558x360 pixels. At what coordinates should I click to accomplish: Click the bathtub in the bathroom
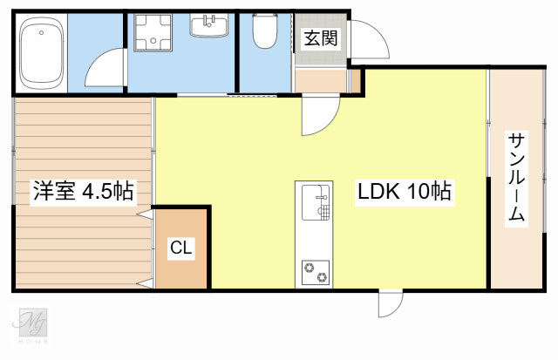[x=42, y=52]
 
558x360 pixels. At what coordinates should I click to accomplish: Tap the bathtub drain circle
[x=42, y=33]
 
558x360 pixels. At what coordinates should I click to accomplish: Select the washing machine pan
[x=153, y=32]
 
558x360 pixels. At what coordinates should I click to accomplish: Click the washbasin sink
[x=209, y=25]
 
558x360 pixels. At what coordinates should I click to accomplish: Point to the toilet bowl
[x=265, y=31]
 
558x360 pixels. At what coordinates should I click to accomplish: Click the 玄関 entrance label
[x=321, y=37]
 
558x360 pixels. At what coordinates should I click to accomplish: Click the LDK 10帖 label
[x=405, y=192]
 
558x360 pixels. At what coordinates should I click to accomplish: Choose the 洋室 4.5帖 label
[x=84, y=192]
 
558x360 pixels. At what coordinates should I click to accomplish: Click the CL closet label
[x=181, y=248]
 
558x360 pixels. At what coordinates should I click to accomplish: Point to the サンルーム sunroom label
[x=516, y=179]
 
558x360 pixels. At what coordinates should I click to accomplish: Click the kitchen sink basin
[x=316, y=202]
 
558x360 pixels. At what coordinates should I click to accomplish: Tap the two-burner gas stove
[x=316, y=273]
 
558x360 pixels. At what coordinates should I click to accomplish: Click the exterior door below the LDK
[x=391, y=303]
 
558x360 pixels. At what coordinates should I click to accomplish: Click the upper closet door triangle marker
[x=146, y=214]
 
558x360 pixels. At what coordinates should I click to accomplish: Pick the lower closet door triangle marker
[x=146, y=283]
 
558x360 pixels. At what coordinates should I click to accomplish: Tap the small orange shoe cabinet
[x=356, y=81]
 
